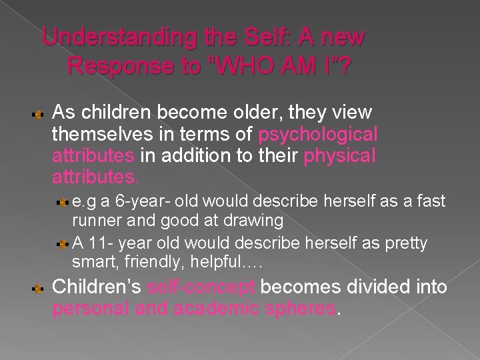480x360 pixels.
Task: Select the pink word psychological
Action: click(x=318, y=135)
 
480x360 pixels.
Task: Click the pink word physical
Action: click(x=339, y=156)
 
